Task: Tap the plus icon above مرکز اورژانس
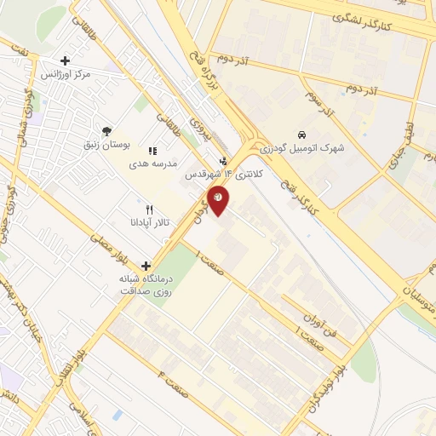(x=66, y=61)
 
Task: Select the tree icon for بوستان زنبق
(x=106, y=131)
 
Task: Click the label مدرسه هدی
(x=152, y=163)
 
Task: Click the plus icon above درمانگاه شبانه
(x=147, y=266)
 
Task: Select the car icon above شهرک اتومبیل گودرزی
(x=302, y=135)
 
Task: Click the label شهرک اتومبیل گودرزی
(x=302, y=147)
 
